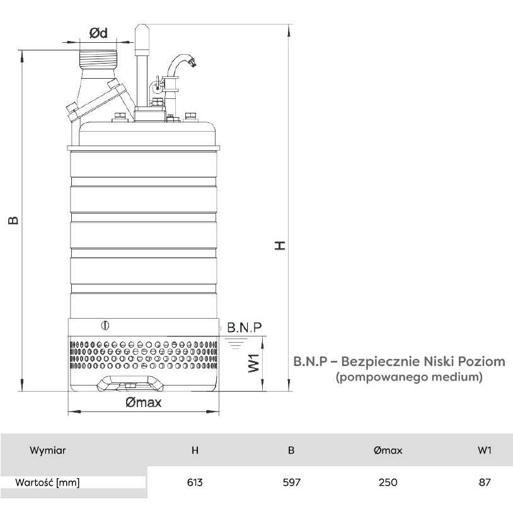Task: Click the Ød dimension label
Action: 98,33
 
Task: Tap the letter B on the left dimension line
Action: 13,220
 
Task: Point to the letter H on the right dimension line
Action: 280,245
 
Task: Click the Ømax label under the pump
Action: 144,402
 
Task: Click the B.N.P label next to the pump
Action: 245,328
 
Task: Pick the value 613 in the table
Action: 195,482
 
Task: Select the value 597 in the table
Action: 291,482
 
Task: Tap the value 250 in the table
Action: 388,482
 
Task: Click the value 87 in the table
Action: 485,482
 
